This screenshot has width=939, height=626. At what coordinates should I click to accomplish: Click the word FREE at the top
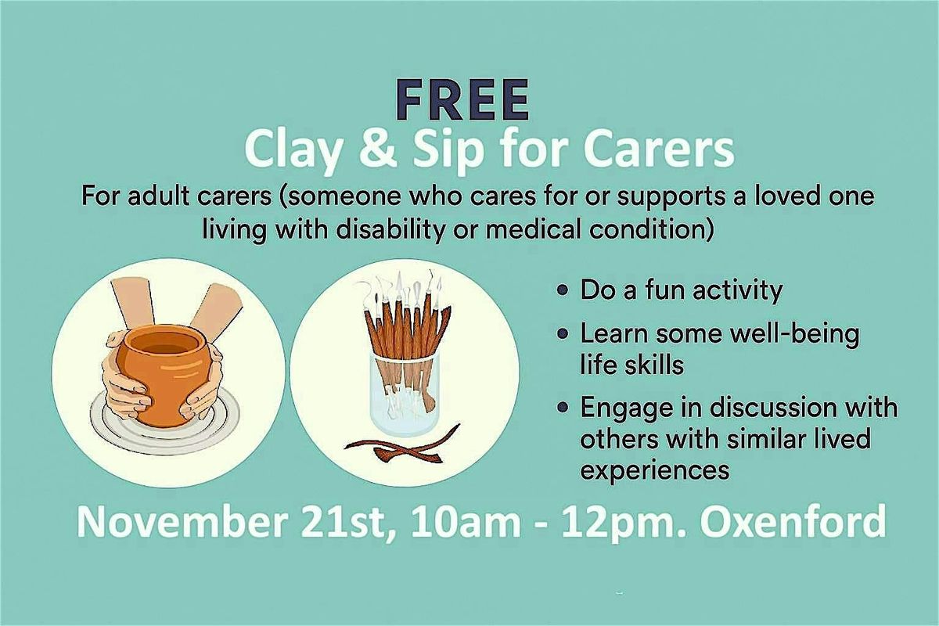tap(462, 100)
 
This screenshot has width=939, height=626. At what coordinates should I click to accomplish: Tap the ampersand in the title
tap(357, 151)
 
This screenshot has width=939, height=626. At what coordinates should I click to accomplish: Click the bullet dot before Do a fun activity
tap(563, 291)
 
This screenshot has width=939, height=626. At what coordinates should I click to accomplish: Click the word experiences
tap(655, 469)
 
